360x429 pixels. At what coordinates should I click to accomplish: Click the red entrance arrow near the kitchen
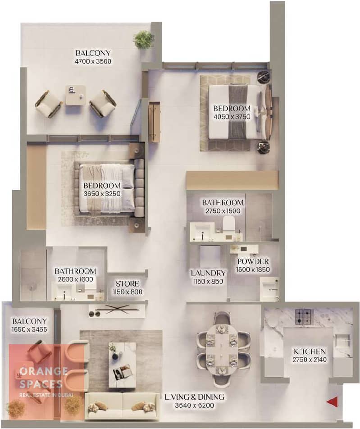point(333,402)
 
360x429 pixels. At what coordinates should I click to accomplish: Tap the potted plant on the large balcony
point(144,40)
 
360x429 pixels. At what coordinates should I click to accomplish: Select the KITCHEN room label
point(310,351)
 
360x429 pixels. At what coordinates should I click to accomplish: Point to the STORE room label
point(128,284)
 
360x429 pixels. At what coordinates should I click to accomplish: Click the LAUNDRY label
point(208,273)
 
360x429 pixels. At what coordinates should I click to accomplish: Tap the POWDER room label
point(253,261)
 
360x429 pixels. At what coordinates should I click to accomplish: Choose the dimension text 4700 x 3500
point(93,61)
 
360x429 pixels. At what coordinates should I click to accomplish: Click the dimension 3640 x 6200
point(194,406)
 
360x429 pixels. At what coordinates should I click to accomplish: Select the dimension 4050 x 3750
point(232,117)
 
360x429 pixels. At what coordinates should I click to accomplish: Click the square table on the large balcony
point(76,95)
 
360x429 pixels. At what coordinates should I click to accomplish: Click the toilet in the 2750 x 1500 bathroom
point(229,224)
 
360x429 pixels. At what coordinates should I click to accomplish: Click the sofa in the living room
point(122,406)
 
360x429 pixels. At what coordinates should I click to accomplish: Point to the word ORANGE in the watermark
point(44,371)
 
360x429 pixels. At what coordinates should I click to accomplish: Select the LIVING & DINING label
point(194,397)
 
